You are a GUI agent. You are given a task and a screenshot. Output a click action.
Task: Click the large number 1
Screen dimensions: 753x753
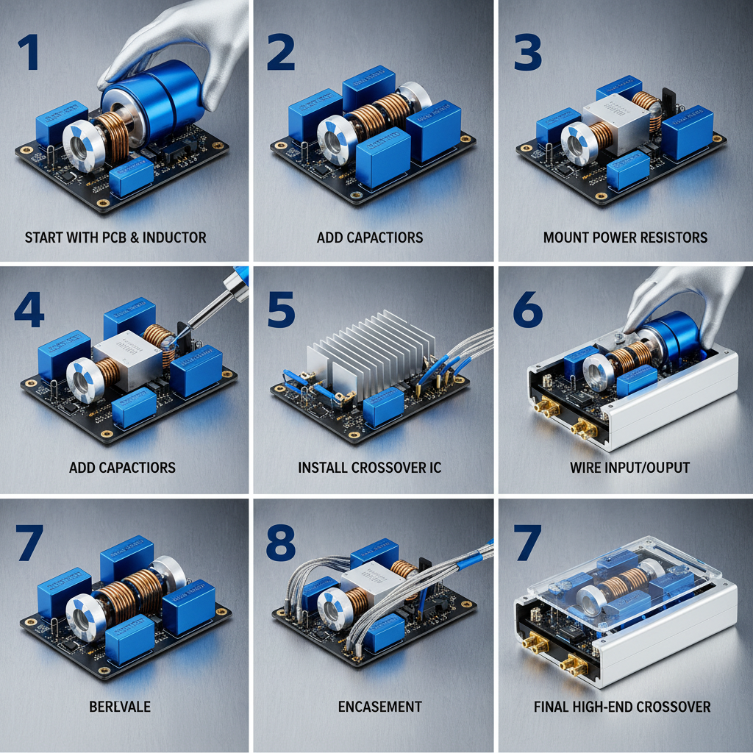click(x=29, y=53)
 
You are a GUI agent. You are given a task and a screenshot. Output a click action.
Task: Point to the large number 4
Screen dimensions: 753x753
click(x=29, y=310)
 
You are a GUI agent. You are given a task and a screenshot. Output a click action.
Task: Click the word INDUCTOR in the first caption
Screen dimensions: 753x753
click(x=174, y=238)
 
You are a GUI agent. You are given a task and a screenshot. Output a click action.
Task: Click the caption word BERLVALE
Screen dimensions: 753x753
click(x=120, y=707)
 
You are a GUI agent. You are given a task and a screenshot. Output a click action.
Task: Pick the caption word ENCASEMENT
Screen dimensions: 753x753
click(x=380, y=707)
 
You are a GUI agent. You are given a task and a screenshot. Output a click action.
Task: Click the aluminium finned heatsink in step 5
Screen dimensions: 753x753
click(x=370, y=355)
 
